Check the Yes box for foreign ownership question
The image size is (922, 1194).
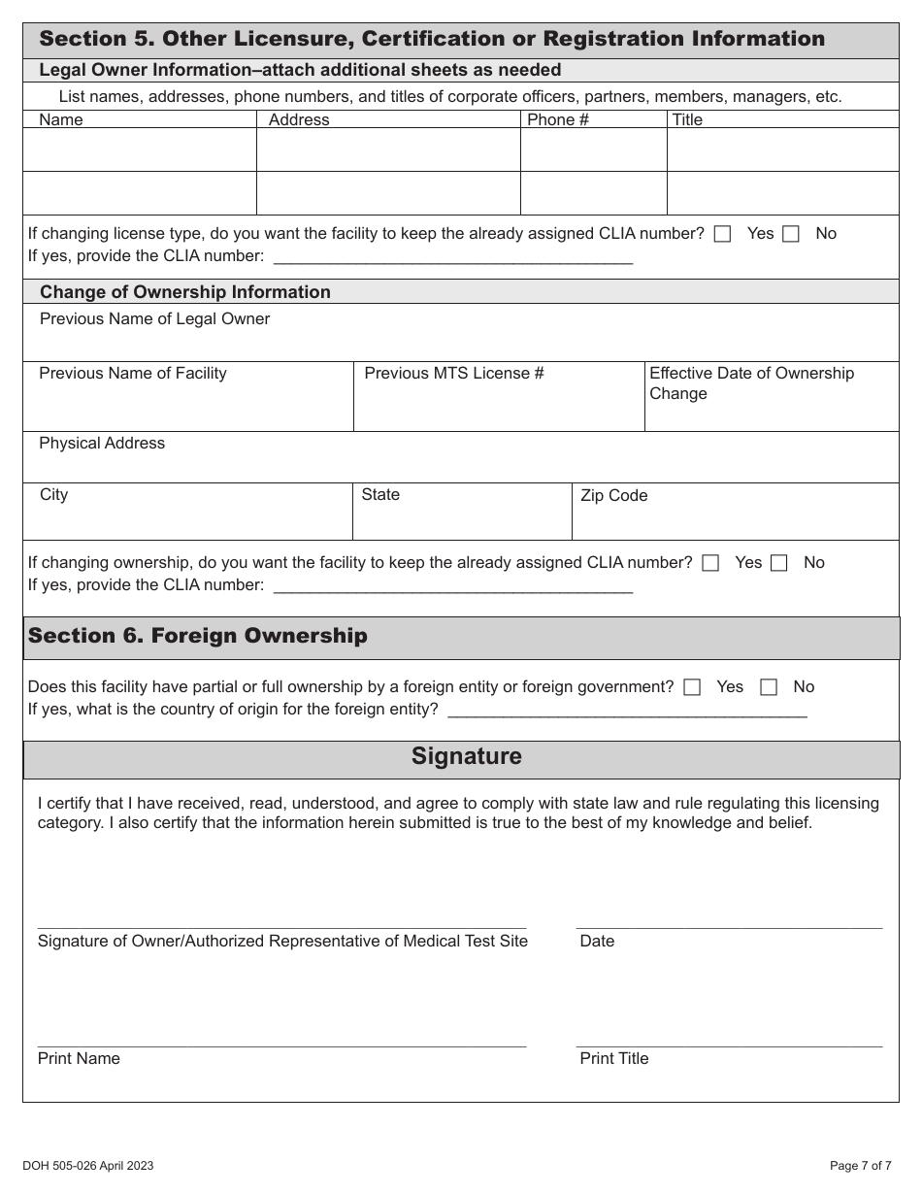(692, 687)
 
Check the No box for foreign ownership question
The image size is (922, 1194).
(769, 687)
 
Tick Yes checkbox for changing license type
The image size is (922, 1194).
(722, 234)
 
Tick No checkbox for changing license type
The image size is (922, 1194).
(791, 234)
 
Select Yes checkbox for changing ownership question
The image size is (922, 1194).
(710, 563)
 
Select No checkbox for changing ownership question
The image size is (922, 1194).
(778, 563)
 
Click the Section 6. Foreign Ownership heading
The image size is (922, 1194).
(198, 636)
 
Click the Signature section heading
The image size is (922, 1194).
(466, 756)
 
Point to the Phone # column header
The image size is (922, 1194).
(557, 119)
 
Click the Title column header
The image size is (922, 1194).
(687, 119)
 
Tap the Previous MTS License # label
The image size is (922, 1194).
(453, 374)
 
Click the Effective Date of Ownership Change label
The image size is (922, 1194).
(751, 383)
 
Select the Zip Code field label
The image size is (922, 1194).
(613, 496)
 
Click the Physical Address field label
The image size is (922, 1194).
(102, 444)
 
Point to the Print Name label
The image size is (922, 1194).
(79, 1059)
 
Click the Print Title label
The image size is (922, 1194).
(613, 1059)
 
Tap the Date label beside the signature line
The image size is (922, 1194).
(597, 942)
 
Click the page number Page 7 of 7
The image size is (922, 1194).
(860, 1166)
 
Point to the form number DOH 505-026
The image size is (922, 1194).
(87, 1166)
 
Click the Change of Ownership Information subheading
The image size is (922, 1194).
(184, 292)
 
